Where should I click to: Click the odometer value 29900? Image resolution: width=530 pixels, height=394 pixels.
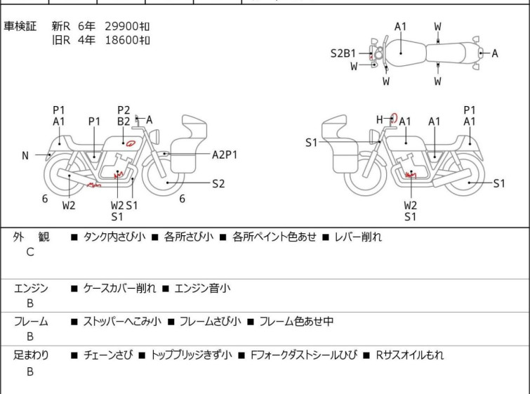121,26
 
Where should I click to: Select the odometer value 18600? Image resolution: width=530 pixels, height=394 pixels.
121,40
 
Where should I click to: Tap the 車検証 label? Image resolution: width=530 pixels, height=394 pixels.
20,26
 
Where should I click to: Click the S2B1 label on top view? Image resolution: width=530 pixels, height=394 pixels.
343,53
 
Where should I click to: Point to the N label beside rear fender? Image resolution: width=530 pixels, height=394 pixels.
25,156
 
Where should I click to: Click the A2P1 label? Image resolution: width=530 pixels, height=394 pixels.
225,155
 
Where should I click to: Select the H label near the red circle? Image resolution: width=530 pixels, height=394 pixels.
380,119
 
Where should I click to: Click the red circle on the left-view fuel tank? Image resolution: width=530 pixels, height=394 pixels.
131,143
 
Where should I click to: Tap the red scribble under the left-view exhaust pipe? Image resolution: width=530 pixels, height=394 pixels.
94,185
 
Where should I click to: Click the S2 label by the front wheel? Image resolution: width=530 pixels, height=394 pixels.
218,183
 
